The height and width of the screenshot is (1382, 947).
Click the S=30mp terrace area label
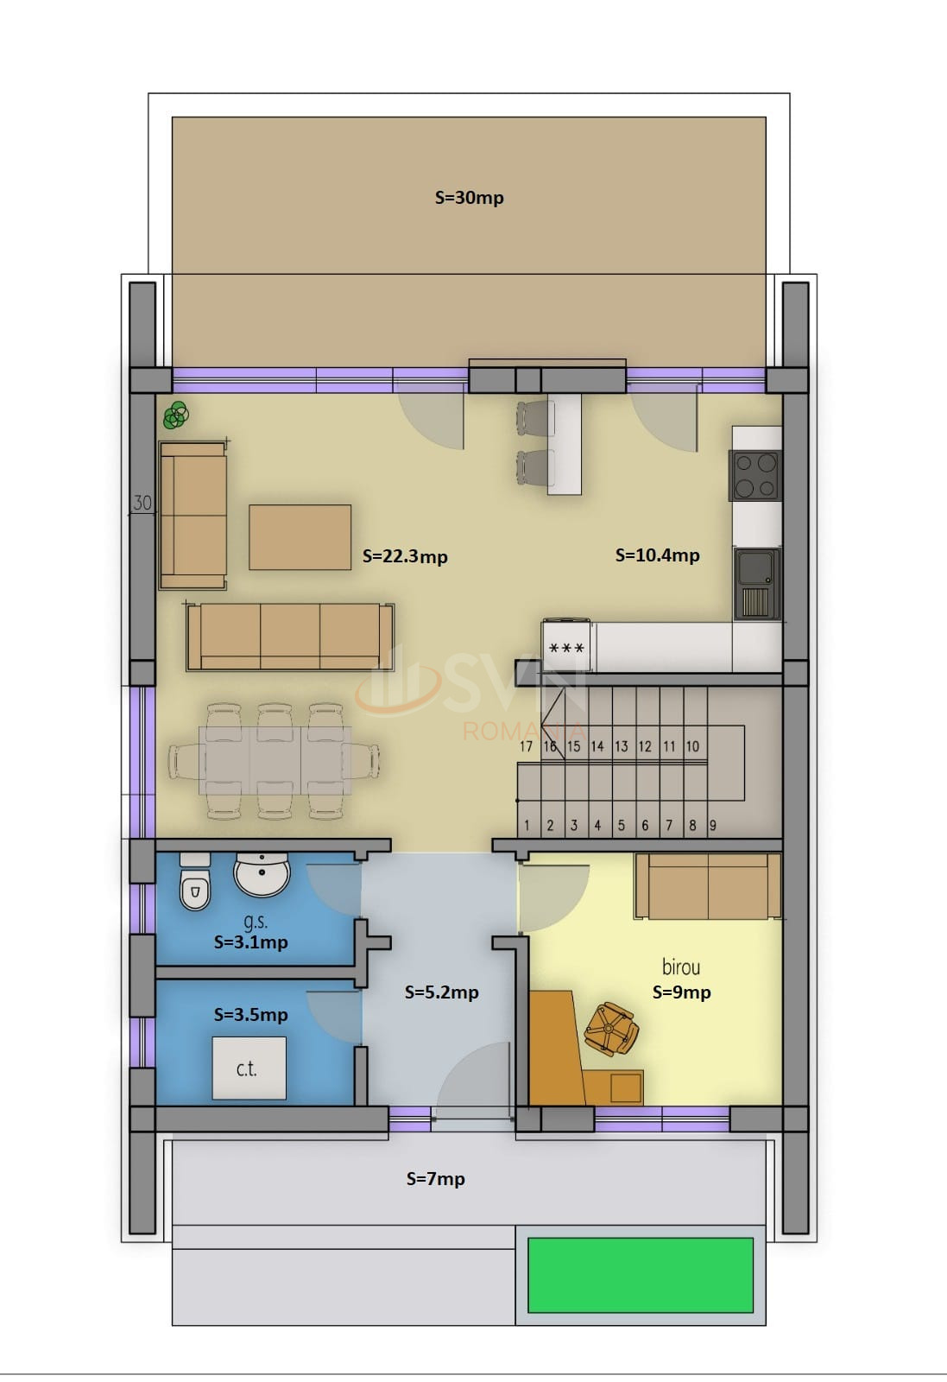[x=470, y=198]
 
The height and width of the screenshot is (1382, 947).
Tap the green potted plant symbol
[x=176, y=415]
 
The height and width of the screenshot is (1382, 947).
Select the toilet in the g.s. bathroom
[x=195, y=882]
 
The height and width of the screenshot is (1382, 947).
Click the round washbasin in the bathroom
[x=262, y=874]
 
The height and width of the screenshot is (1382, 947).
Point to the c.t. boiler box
[x=249, y=1068]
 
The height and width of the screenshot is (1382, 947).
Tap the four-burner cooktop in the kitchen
[x=755, y=475]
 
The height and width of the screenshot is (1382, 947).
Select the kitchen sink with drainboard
[x=757, y=584]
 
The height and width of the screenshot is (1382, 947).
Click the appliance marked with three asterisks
[x=566, y=647]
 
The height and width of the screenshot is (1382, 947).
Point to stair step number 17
[x=526, y=746]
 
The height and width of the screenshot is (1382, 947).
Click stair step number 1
[x=527, y=826]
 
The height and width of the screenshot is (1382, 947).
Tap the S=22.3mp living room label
[x=405, y=556]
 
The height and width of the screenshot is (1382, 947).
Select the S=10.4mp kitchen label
[x=657, y=555]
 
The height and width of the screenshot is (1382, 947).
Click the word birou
[x=681, y=967]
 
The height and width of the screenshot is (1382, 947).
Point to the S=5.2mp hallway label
[x=441, y=992]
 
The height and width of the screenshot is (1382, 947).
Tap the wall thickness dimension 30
[x=142, y=503]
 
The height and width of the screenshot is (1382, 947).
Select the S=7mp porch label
[x=435, y=1178]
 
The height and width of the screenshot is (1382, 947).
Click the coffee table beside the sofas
[x=300, y=537]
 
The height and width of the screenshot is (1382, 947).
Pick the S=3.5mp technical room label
[x=251, y=1015]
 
